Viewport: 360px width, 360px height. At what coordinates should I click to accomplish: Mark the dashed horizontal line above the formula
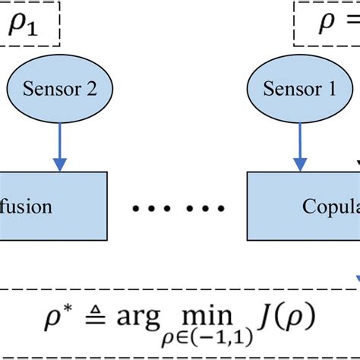(x=180, y=289)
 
